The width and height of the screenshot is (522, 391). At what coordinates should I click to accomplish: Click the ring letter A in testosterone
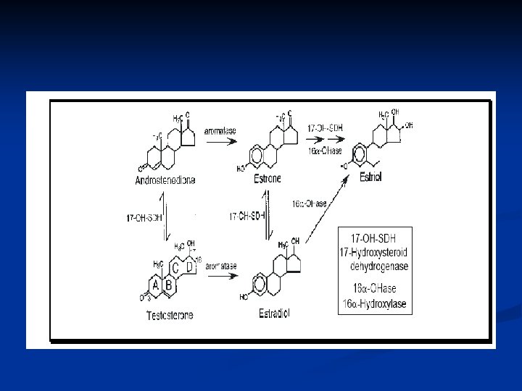point(156,286)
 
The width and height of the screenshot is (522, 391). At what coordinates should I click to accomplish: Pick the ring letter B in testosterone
point(169,286)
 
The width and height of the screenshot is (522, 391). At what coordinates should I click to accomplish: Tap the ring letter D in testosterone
point(190,268)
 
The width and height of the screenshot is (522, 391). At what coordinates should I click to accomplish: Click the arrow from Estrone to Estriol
point(325,141)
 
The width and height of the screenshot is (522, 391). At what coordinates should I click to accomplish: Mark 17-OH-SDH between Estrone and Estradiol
point(246,216)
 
